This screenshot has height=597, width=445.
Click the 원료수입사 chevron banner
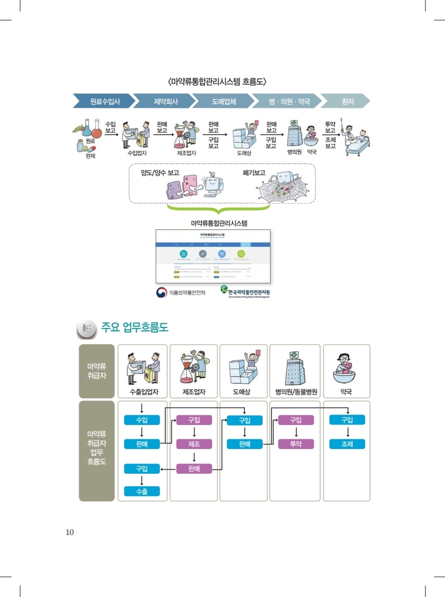(104, 102)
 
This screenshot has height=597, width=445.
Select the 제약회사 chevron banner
(165, 102)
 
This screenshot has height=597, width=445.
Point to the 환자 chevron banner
(347, 102)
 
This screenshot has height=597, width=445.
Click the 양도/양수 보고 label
(160, 172)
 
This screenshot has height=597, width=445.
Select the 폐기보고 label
(254, 172)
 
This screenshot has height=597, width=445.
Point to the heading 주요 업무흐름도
(134, 327)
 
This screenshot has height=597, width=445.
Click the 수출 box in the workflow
(142, 491)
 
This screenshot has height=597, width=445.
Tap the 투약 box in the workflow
(296, 444)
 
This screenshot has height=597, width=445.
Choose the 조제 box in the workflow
(347, 444)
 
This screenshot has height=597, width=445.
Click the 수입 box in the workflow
(142, 420)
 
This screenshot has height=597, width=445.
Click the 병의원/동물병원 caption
(296, 393)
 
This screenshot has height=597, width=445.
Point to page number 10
(69, 533)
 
